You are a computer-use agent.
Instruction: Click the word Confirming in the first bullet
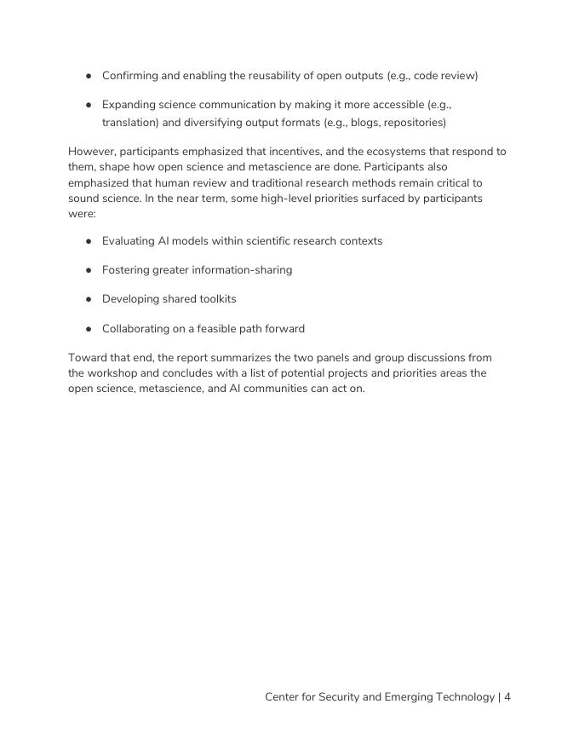coord(129,76)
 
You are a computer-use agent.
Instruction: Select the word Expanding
coord(129,105)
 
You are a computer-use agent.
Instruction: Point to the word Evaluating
coord(129,241)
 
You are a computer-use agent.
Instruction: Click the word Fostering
coord(125,270)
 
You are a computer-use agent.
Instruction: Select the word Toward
coord(87,358)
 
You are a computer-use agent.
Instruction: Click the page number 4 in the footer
coord(507,697)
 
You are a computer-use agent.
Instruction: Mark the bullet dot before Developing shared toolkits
coord(89,299)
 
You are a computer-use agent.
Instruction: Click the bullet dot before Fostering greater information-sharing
coord(89,270)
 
